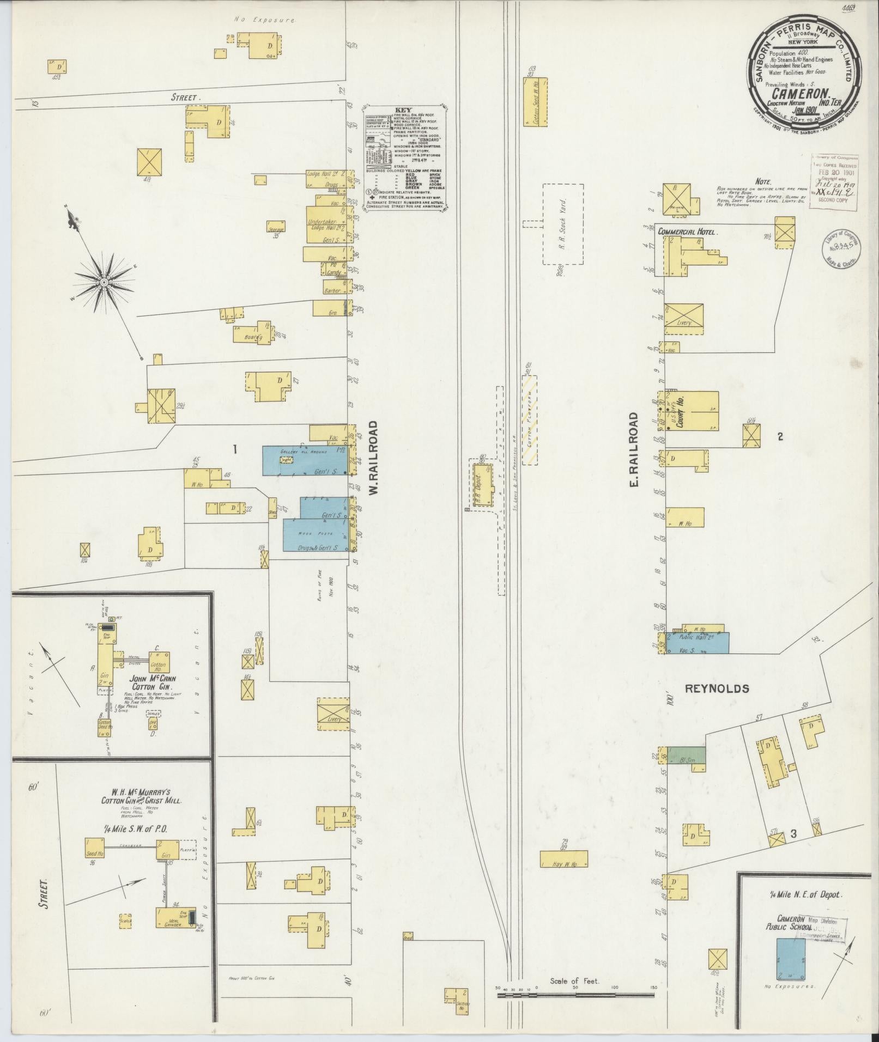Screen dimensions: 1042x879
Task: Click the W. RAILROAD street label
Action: point(373,458)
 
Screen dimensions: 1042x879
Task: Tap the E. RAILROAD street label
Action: point(633,449)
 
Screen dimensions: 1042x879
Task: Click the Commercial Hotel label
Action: point(687,231)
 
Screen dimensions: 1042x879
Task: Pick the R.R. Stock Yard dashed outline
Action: point(563,224)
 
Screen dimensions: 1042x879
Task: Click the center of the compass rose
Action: point(103,282)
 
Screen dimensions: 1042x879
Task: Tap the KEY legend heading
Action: point(407,109)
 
